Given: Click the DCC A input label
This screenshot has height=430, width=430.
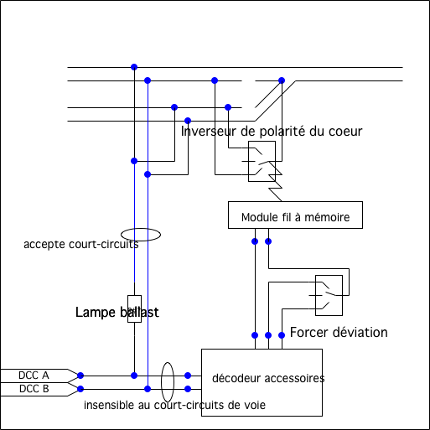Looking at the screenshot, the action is (34, 376).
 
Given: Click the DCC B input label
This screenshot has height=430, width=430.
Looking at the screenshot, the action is (34, 389).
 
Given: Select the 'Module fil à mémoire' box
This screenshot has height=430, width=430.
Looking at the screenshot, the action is (295, 215).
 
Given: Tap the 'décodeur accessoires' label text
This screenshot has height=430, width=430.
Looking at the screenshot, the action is (268, 378).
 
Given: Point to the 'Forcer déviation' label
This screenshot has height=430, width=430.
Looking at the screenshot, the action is (339, 333).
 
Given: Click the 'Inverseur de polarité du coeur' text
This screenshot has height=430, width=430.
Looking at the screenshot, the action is (272, 132).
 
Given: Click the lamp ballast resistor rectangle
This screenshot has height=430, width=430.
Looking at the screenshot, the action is (134, 308).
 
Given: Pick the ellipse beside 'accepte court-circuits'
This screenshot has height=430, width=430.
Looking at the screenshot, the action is (141, 229).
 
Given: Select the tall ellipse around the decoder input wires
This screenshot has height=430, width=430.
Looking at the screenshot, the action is (162, 382).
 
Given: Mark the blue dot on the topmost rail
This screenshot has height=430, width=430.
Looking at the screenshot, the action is (134, 67).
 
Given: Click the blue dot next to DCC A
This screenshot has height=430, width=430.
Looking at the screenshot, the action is (80, 376).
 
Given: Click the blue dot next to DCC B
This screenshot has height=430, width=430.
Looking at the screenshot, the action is (80, 389).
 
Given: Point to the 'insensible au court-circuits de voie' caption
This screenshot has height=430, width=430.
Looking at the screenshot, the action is (174, 405).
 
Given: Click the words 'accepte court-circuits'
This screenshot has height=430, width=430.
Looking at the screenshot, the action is (81, 244).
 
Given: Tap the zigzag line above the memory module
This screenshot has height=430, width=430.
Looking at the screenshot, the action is (275, 181).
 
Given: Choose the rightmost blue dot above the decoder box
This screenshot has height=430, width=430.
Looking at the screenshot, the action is (282, 335).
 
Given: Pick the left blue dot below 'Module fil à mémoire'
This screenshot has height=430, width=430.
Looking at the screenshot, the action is (255, 241).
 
